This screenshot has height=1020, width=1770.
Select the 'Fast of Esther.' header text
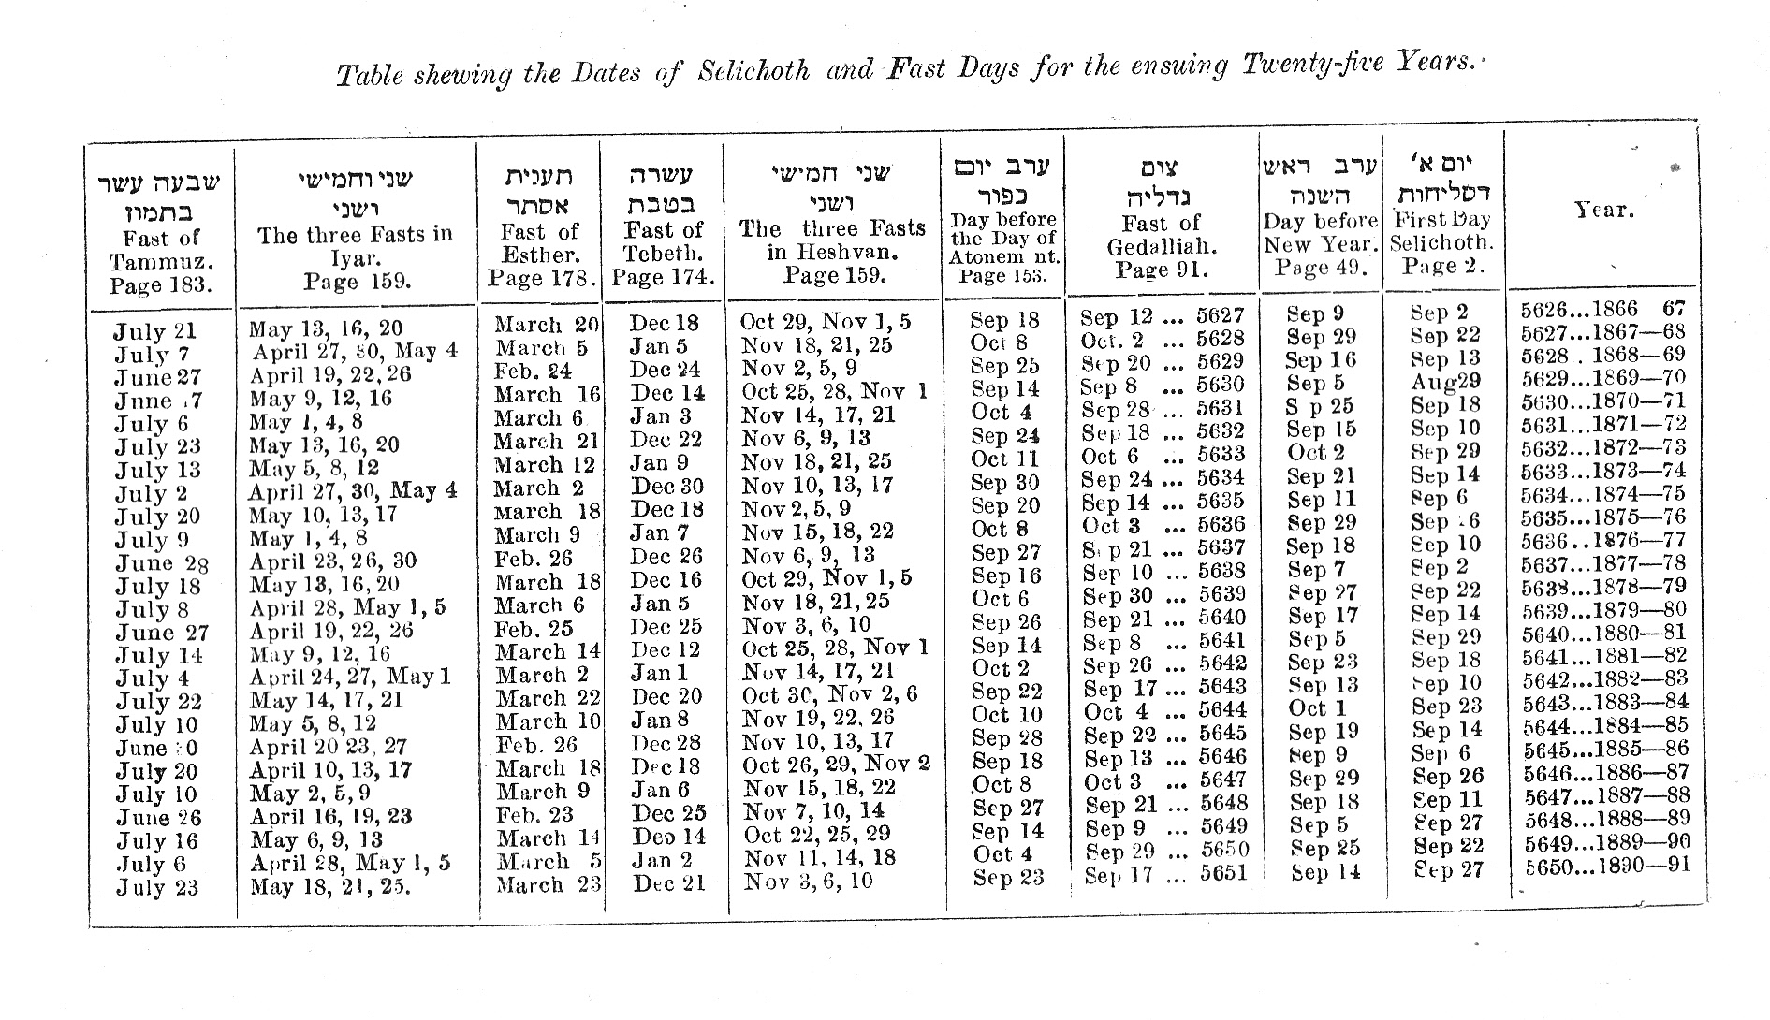[539, 243]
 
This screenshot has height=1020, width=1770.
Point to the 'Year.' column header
[1603, 211]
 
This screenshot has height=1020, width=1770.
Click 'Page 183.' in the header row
[160, 285]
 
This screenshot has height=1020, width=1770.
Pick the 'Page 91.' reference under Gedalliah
[1162, 270]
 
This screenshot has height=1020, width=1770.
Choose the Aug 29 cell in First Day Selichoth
[1445, 382]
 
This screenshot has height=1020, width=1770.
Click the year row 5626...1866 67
[1602, 310]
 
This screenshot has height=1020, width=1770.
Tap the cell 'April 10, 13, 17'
[330, 770]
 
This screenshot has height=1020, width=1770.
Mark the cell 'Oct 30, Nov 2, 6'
[830, 695]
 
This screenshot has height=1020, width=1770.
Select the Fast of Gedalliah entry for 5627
[1162, 316]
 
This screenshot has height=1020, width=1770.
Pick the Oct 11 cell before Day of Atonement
[1004, 459]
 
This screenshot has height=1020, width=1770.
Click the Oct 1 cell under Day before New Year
[1317, 708]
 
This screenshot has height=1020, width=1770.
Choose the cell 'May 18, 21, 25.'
[330, 886]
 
